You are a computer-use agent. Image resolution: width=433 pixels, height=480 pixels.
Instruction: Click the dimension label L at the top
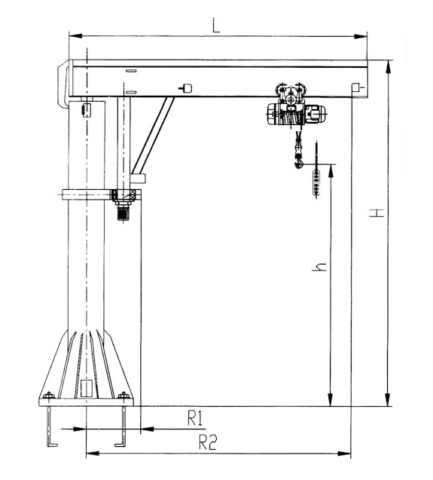(216, 26)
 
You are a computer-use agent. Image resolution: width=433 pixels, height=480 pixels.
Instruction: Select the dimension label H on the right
(377, 213)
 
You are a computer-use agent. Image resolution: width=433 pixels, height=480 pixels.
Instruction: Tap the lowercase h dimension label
(319, 267)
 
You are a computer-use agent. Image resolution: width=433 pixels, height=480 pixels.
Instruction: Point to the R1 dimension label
(195, 418)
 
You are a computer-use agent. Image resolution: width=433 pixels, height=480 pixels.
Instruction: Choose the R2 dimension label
(208, 442)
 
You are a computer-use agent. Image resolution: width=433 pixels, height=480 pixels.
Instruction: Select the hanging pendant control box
(316, 183)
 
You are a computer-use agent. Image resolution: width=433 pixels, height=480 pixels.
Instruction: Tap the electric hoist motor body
(295, 115)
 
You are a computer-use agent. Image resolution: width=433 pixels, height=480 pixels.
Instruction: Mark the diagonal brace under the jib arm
(153, 135)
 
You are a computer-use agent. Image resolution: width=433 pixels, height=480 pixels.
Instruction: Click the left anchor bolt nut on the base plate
(49, 395)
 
